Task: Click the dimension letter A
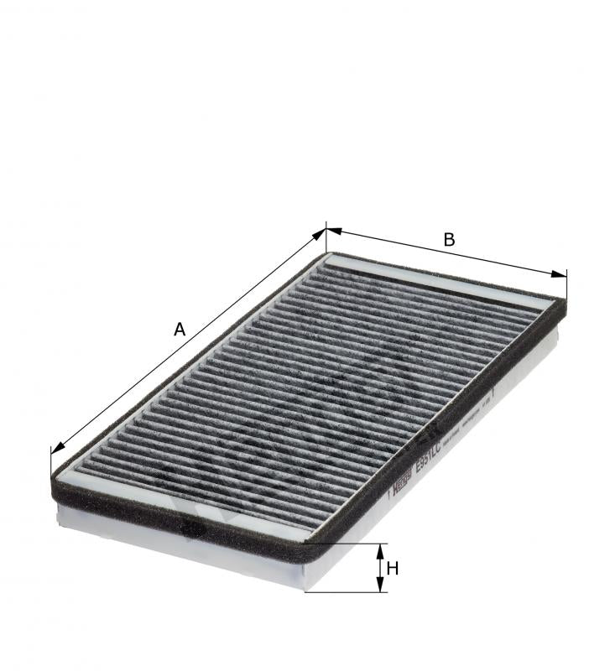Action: (x=179, y=330)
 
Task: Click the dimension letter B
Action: (x=449, y=240)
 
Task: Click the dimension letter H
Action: (x=392, y=568)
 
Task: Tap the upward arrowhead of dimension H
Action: (x=380, y=549)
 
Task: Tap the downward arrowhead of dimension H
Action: (x=380, y=586)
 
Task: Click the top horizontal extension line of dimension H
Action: (x=344, y=544)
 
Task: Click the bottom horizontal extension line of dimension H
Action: (x=344, y=592)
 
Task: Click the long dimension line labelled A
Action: (x=189, y=340)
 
